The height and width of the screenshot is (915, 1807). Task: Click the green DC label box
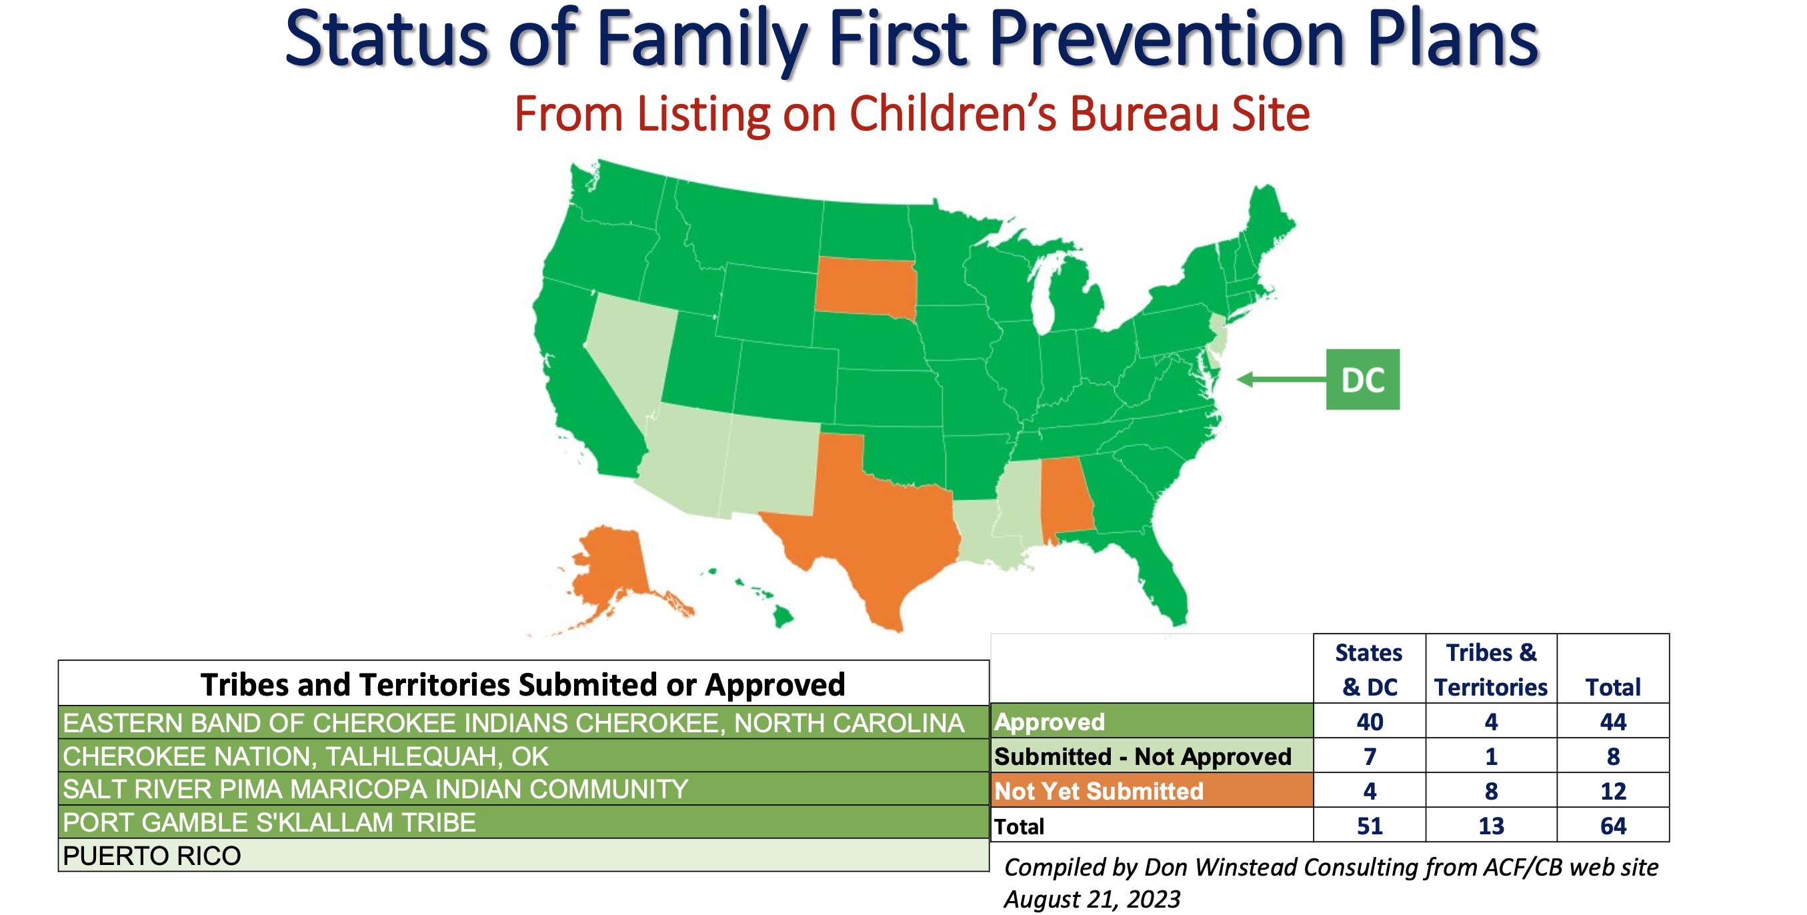click(1362, 379)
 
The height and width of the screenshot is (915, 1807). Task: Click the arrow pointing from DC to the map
click(1281, 379)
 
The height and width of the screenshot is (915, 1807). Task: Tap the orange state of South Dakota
click(865, 286)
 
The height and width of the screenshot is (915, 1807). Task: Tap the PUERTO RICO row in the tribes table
click(523, 856)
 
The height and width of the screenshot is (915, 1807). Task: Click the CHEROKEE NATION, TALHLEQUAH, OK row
click(523, 756)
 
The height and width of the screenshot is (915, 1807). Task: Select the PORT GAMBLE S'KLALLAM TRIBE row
click(523, 822)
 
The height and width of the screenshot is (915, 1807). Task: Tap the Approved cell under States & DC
click(1370, 722)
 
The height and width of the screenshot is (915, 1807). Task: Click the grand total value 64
click(1613, 825)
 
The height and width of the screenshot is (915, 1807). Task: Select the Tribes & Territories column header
click(1491, 669)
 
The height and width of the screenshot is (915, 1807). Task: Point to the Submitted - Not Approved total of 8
click(1613, 756)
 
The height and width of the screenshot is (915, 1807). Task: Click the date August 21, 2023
click(1092, 899)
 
